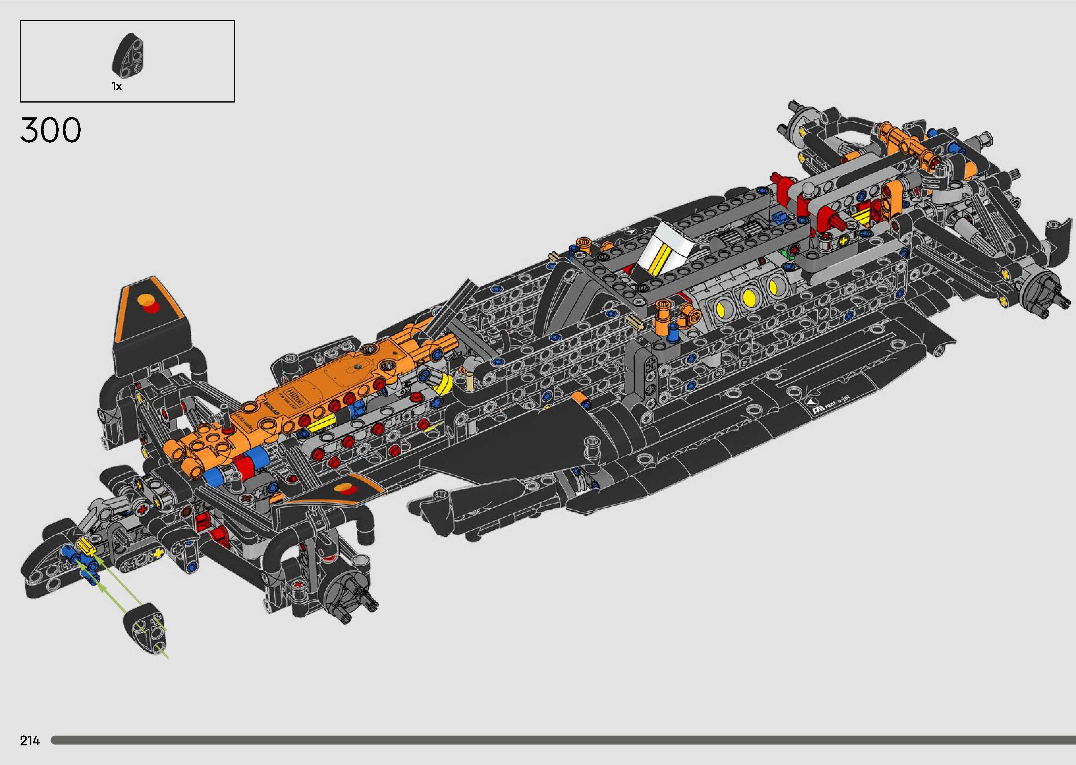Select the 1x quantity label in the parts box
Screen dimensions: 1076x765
coord(117,86)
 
